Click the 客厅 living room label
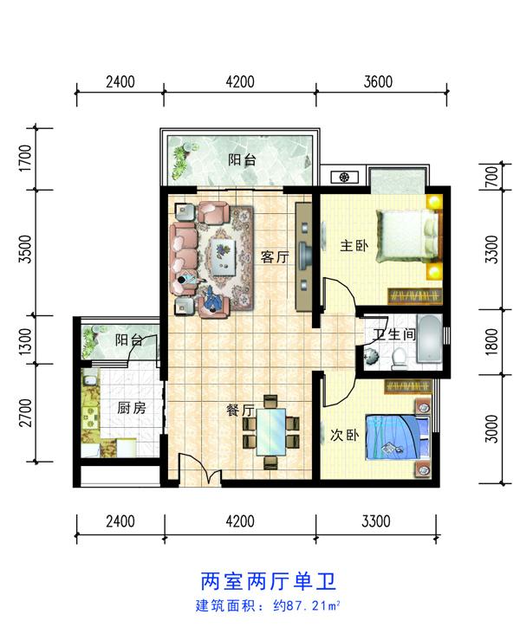275,256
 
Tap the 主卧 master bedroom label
354,245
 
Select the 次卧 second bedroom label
344,435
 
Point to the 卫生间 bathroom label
394,334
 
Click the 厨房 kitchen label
132,408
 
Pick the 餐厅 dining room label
240,411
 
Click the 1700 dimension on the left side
25,158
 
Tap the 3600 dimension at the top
378,81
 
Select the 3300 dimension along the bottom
376,521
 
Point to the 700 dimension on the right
491,177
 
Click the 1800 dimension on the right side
491,341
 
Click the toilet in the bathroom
400,359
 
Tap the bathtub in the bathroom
429,339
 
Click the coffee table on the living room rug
224,257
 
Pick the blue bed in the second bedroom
397,437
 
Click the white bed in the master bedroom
407,236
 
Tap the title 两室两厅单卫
269,581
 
